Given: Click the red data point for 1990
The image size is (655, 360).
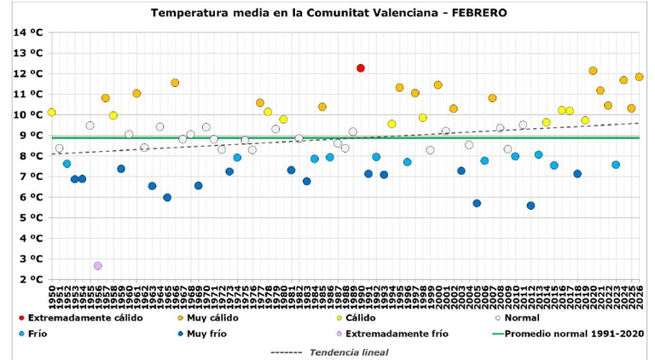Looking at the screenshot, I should [361, 68].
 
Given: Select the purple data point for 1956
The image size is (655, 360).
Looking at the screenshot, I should [98, 266].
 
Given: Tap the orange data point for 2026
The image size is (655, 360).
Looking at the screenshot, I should [639, 77].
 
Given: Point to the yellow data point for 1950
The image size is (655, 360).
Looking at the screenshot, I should [52, 113].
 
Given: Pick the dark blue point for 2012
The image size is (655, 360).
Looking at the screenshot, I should [530, 206].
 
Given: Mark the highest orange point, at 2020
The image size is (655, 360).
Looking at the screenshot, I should [593, 71].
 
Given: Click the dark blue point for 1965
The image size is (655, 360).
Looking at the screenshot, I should [167, 197].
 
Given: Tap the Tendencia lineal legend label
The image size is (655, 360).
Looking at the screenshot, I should [348, 351].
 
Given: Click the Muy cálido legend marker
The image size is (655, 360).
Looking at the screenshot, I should [180, 318].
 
